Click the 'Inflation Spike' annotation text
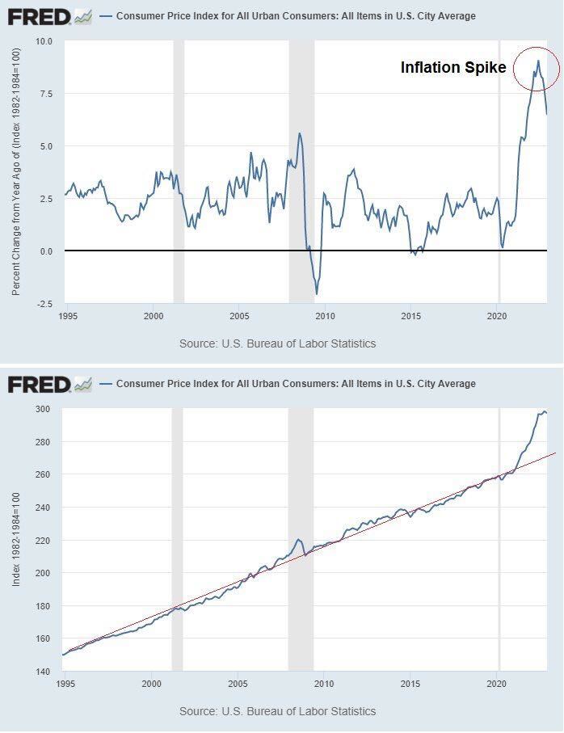[452, 68]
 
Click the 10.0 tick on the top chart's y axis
[44, 41]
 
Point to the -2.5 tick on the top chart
[44, 304]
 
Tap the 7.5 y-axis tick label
[46, 94]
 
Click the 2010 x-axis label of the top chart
[325, 317]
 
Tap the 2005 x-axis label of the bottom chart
[238, 685]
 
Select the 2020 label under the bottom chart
[498, 685]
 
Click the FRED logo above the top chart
[49, 16]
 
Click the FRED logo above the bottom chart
[49, 384]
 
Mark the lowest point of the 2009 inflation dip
[317, 293]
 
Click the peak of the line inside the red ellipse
[538, 61]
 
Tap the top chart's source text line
[277, 343]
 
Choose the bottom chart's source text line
[277, 711]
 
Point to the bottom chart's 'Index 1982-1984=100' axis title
[16, 540]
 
